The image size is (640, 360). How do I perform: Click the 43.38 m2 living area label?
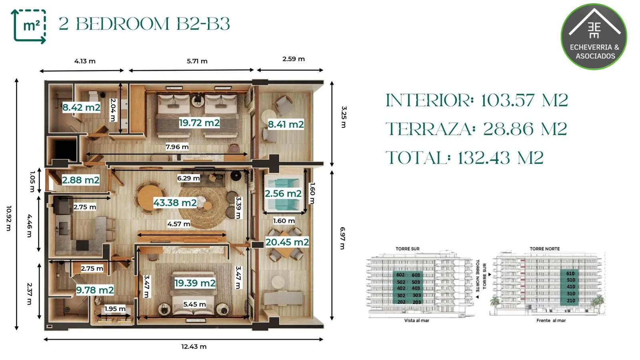[x=175, y=202]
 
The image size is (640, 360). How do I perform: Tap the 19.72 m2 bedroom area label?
[x=199, y=123]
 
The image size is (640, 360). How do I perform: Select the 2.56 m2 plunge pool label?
[x=283, y=194]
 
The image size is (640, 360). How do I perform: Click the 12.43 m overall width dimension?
[x=194, y=346]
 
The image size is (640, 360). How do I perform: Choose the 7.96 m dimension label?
[x=177, y=147]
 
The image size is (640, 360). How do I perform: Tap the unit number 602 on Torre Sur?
[x=400, y=275]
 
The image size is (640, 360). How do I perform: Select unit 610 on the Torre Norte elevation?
[x=571, y=274]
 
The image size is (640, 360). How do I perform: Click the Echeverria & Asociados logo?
[x=594, y=36]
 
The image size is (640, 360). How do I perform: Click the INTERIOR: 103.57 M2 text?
[x=477, y=100]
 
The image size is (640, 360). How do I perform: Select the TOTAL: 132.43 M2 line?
[x=464, y=158]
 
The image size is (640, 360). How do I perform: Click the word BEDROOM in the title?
[x=122, y=24]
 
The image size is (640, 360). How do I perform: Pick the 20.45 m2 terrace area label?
[x=287, y=242]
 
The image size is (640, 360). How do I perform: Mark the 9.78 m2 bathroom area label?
[x=95, y=290]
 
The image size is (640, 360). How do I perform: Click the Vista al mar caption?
[x=416, y=320]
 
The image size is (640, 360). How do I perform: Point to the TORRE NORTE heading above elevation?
[x=544, y=249]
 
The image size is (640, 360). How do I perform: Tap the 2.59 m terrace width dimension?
[x=294, y=59]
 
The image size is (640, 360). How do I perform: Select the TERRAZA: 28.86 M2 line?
[x=476, y=129]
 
